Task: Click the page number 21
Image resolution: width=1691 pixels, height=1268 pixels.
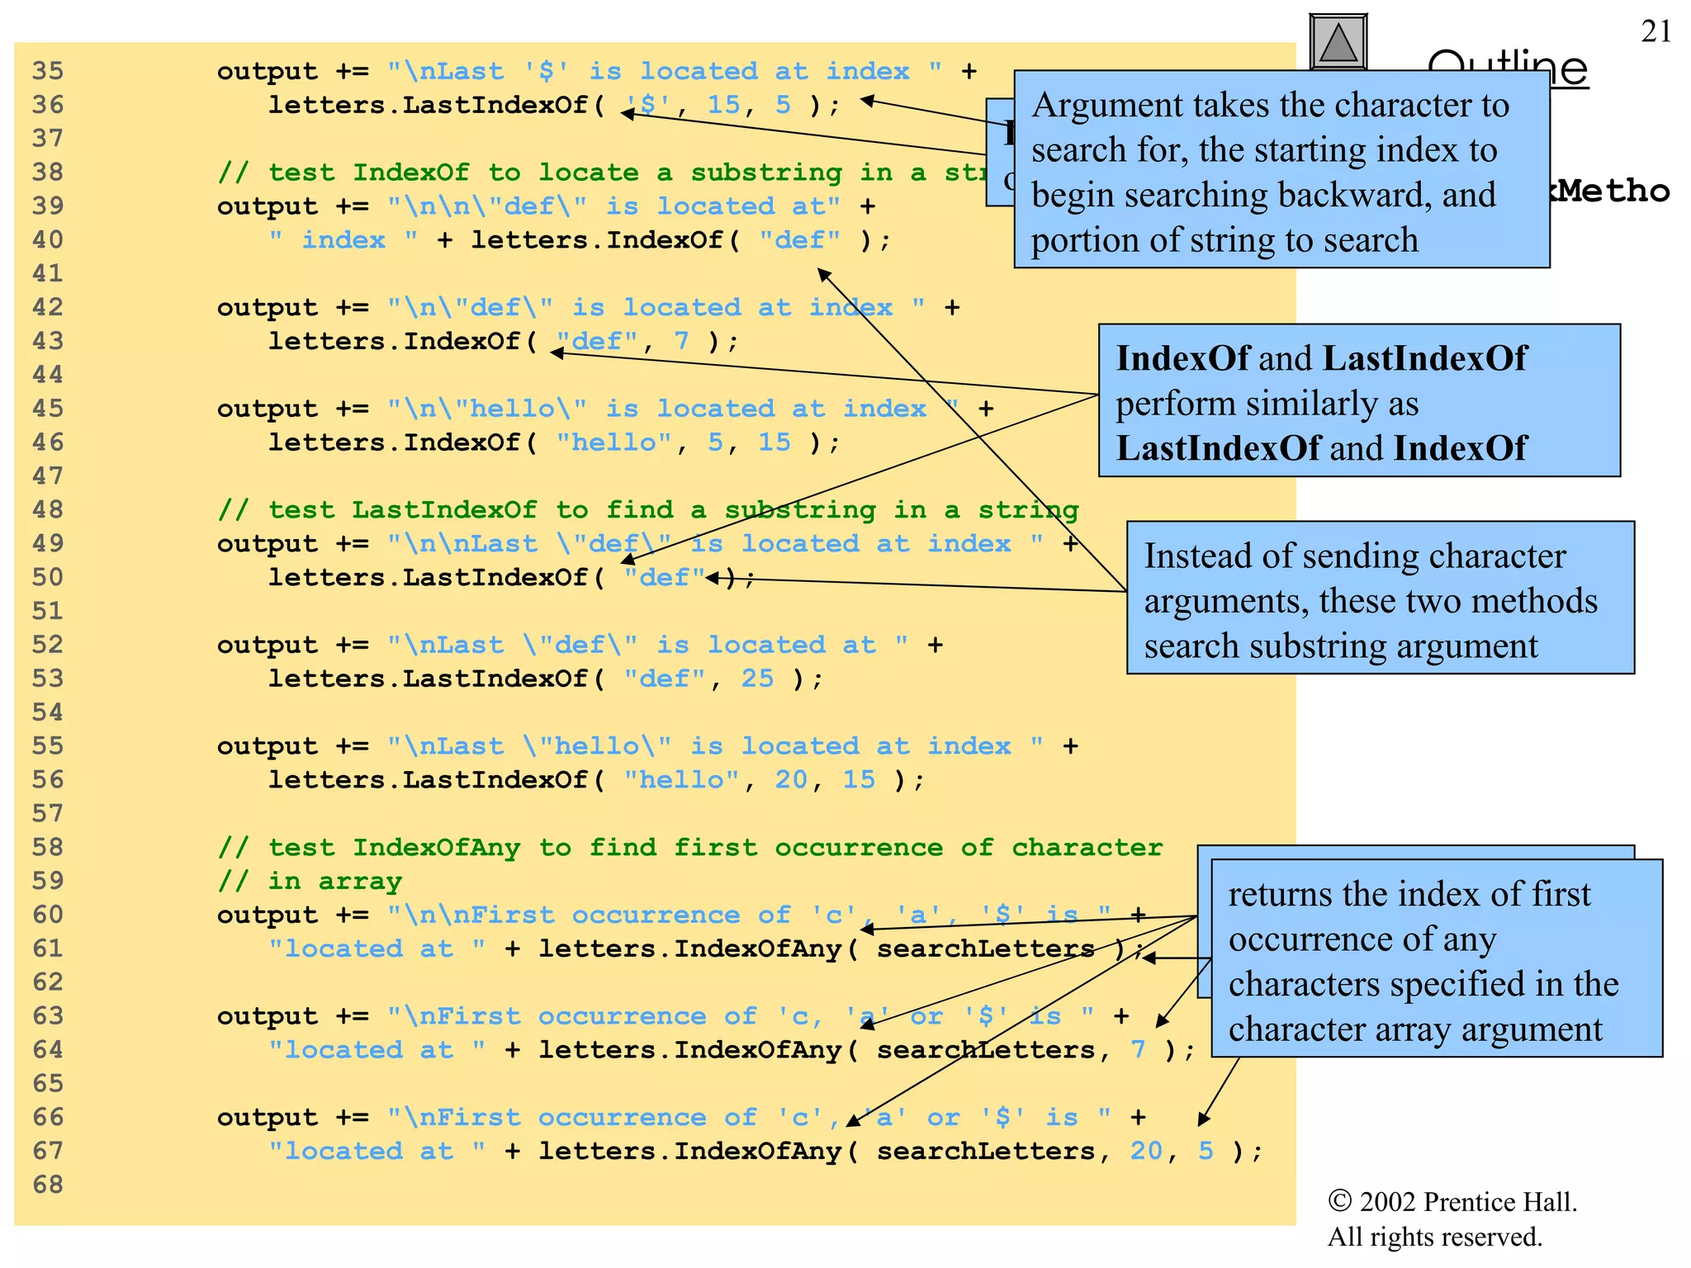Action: (1655, 31)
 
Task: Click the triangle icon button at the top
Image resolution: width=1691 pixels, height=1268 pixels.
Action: (1338, 44)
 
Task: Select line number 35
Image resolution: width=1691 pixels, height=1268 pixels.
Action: (48, 71)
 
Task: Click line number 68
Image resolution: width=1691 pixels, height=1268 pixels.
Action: (48, 1185)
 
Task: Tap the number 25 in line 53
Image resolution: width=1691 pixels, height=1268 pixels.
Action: (757, 679)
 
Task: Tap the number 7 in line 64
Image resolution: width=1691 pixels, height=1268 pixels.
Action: (1138, 1050)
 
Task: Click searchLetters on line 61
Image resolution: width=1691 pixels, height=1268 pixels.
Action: (985, 949)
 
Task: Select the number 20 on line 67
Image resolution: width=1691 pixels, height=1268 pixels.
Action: (1146, 1151)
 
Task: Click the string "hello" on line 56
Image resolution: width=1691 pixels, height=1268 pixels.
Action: (681, 780)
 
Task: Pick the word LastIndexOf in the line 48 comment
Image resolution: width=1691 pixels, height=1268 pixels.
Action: (444, 510)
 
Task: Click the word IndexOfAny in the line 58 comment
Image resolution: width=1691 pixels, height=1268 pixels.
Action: (436, 848)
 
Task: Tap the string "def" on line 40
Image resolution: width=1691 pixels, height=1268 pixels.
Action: (799, 240)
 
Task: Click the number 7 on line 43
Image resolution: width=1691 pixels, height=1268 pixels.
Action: (681, 341)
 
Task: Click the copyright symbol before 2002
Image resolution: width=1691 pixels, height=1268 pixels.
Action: (1339, 1201)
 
